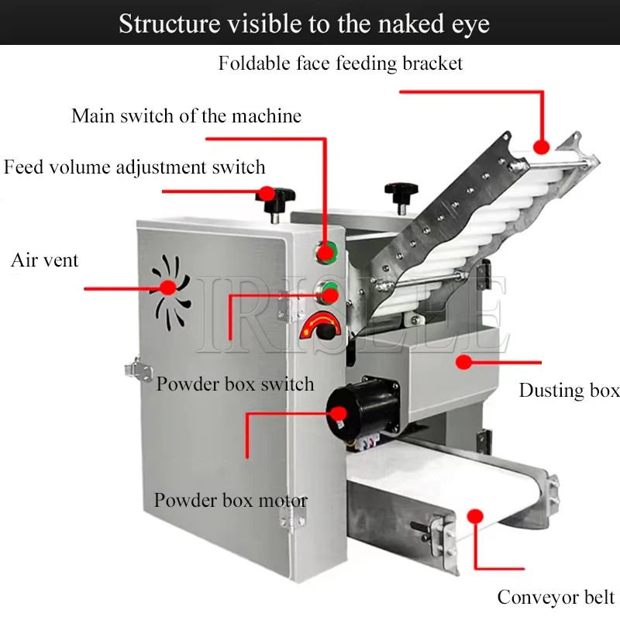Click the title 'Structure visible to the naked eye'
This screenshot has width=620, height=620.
coord(304,23)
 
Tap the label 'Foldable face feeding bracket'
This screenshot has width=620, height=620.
coord(340,64)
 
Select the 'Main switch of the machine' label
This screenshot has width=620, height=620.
coord(186,116)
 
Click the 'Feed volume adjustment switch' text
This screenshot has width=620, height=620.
coord(134,167)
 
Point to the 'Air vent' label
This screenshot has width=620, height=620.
coord(44,260)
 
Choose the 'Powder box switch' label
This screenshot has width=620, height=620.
coord(235,384)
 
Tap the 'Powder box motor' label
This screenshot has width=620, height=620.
coord(230,500)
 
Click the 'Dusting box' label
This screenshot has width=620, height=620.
coord(569,390)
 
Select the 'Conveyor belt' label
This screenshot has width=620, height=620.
coord(556,598)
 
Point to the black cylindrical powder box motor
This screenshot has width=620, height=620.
coord(349,411)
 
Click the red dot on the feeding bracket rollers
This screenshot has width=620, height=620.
coord(541,145)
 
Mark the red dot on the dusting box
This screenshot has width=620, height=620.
coord(463,360)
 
